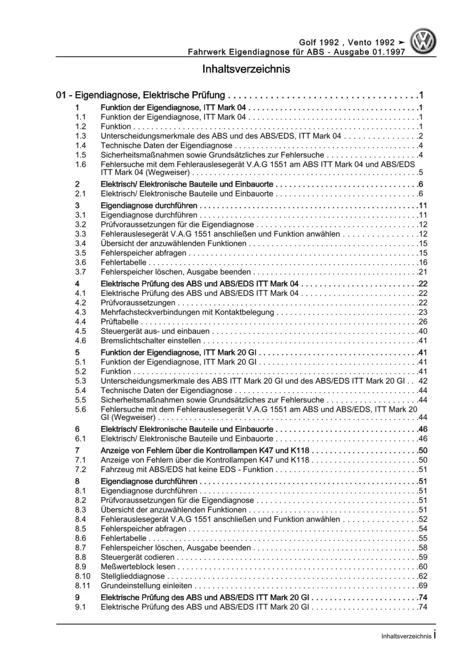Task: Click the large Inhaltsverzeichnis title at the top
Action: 246,69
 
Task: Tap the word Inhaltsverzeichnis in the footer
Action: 406,636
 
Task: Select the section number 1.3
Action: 80,136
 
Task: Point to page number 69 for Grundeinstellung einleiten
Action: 423,586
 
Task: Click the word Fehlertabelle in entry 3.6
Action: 124,262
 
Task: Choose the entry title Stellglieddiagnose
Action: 133,576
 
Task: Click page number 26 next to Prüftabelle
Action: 423,322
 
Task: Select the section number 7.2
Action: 80,469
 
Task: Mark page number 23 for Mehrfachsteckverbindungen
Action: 423,312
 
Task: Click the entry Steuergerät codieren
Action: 137,557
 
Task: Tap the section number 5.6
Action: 80,409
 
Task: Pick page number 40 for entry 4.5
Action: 423,331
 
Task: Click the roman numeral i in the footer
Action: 435,635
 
